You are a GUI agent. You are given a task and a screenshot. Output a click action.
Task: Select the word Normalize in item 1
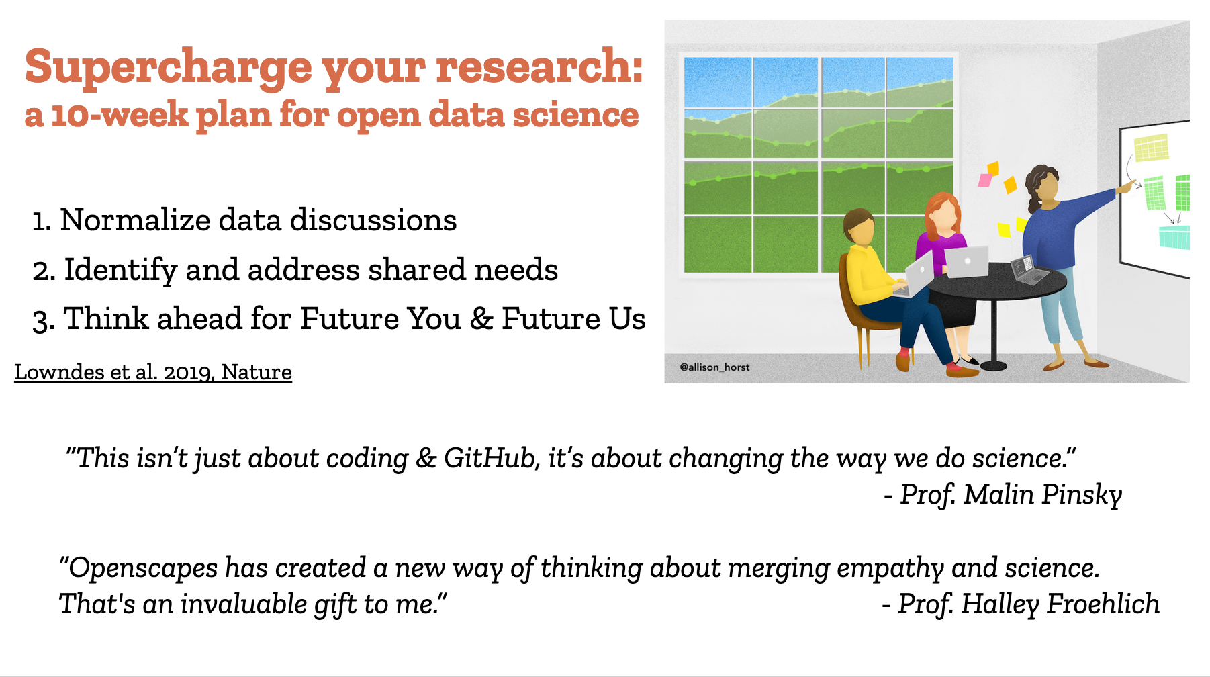135,220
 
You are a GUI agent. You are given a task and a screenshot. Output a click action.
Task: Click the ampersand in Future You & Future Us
481,319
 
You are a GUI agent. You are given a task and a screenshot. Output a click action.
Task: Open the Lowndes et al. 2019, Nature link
153,372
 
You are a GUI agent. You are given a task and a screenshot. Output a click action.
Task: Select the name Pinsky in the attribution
1082,496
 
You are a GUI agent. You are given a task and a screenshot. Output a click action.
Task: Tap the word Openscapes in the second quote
142,569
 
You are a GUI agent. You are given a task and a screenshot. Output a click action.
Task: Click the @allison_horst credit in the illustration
714,367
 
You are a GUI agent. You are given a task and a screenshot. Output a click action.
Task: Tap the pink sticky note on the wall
985,180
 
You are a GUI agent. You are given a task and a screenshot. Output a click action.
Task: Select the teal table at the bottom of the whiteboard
1174,238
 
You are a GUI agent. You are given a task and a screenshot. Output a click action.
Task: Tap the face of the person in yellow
862,230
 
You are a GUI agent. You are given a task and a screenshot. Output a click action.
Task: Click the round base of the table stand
994,366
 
